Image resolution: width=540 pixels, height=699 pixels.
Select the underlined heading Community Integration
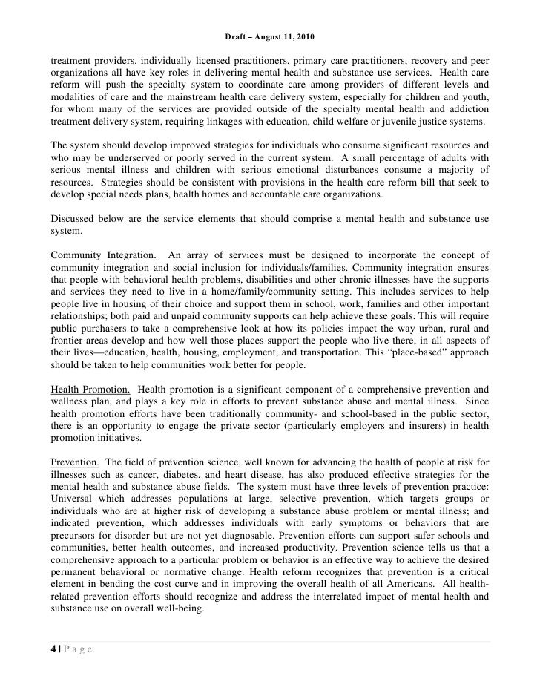[x=103, y=256]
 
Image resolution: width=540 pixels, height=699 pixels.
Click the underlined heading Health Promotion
[x=91, y=389]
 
